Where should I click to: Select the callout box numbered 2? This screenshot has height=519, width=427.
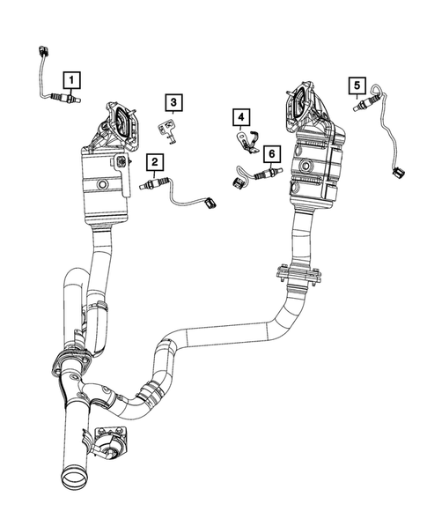155,161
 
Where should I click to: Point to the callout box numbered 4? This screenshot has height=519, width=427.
239,116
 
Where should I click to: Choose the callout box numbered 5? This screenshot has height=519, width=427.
357,85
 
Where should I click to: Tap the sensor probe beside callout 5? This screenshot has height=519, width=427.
360,107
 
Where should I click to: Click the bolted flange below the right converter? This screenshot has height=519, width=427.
298,277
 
